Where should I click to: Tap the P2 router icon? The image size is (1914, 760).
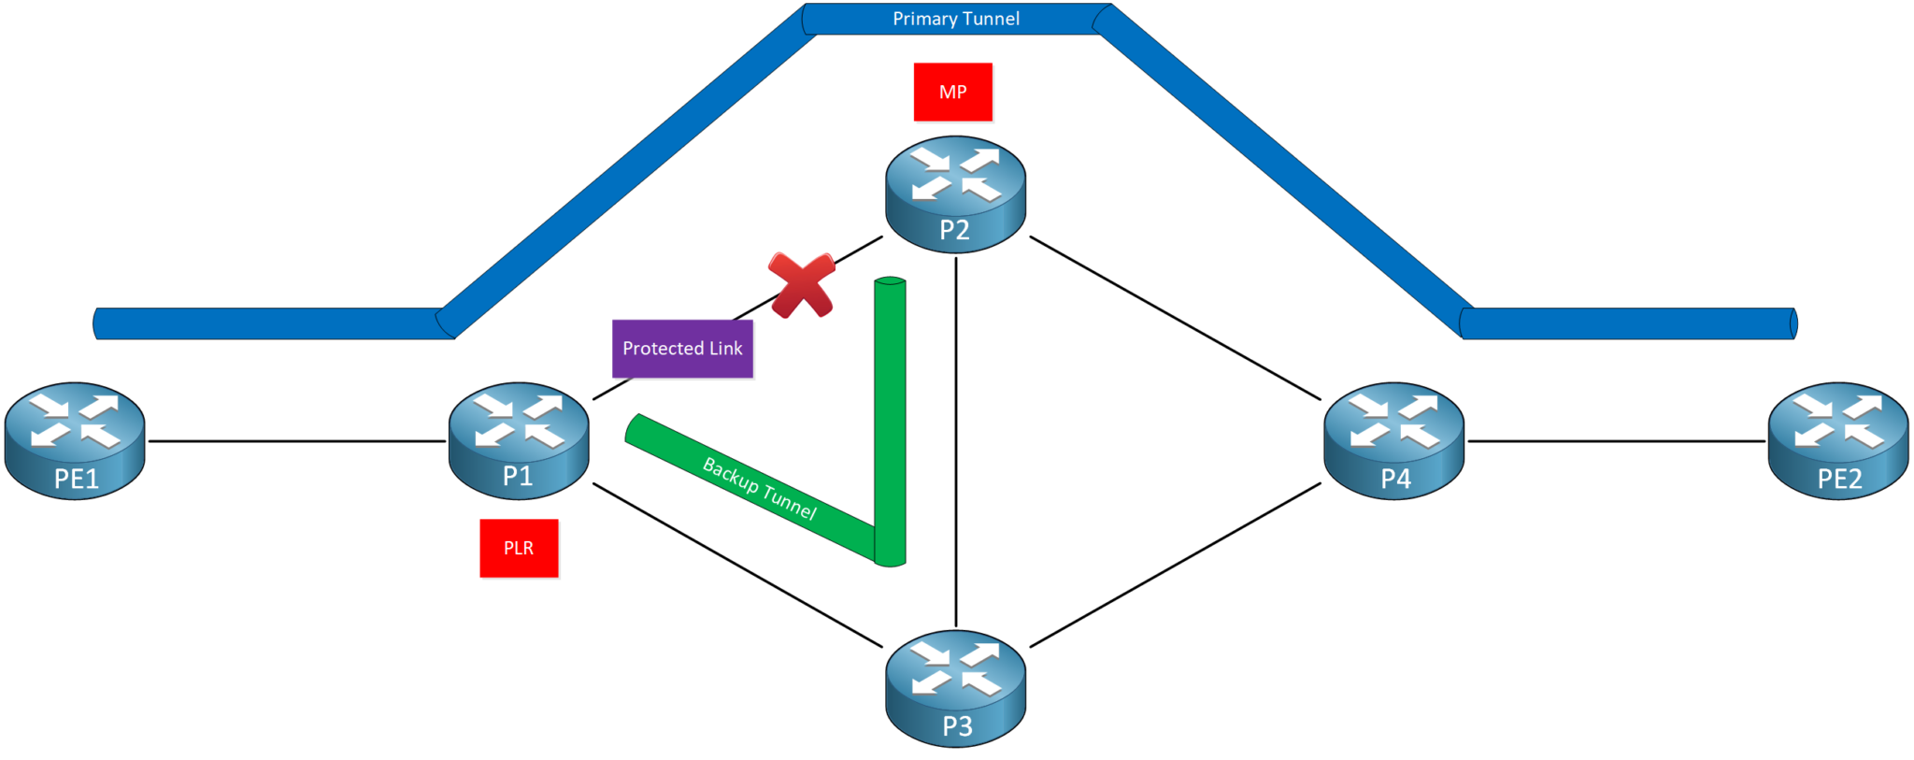pos(955,194)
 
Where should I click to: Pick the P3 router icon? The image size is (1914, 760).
pos(955,688)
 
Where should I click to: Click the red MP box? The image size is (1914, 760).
pos(952,92)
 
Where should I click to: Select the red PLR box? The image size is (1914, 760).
pos(519,548)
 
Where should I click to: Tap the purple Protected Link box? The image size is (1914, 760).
pos(682,349)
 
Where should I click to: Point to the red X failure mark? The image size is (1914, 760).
pos(801,284)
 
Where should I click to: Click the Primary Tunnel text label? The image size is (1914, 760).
pos(955,19)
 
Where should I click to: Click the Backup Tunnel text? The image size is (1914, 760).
pos(759,489)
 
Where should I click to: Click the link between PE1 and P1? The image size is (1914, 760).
pos(297,441)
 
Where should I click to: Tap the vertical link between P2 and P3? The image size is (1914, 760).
pos(955,439)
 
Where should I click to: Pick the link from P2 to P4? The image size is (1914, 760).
pos(1175,318)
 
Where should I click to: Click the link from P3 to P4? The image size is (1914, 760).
pos(1175,565)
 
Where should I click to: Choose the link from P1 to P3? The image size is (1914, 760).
pos(737,565)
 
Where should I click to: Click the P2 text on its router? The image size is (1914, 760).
pos(954,230)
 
